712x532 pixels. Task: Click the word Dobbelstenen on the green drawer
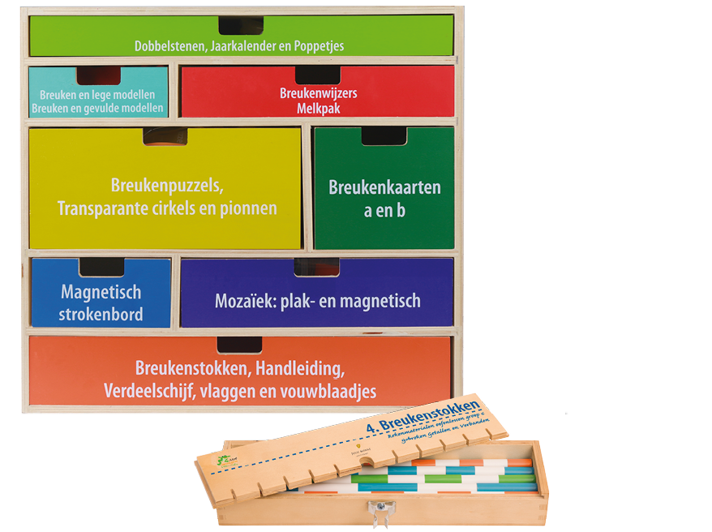click(x=169, y=46)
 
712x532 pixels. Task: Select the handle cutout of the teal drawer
click(x=99, y=75)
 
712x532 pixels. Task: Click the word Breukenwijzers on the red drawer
click(x=318, y=93)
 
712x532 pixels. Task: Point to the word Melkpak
click(x=318, y=108)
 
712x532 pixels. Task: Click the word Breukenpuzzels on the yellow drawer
click(x=167, y=186)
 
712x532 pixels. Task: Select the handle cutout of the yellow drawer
click(x=165, y=135)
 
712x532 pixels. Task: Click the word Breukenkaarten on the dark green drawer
click(x=384, y=187)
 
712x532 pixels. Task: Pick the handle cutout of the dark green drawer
click(x=384, y=135)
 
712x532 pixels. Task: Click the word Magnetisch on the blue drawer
click(x=101, y=292)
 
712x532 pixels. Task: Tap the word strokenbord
click(x=101, y=315)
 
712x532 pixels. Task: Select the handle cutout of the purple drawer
click(x=316, y=267)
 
